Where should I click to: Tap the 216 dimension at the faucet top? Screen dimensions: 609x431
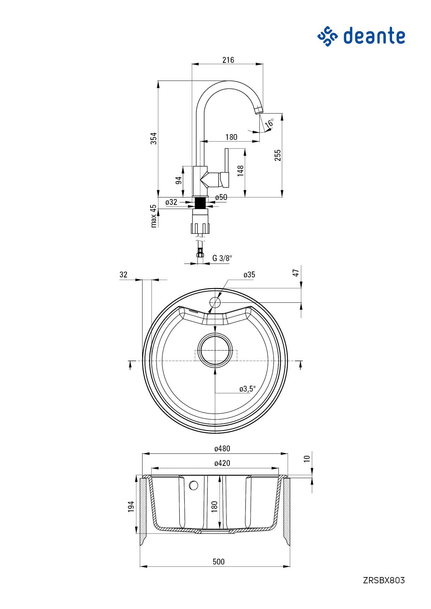228,60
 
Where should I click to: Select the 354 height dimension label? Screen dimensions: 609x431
154,138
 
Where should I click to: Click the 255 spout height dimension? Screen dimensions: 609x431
277,155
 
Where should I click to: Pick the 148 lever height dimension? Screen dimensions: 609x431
241,171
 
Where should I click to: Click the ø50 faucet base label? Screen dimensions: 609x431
221,197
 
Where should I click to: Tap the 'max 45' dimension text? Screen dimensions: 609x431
153,216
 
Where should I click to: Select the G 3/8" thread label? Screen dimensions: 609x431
222,258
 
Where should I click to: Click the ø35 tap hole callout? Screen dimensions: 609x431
249,275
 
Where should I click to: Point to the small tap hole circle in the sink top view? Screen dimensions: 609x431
215,302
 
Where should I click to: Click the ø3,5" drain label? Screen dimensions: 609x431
247,389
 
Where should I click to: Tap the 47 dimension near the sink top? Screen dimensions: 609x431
296,273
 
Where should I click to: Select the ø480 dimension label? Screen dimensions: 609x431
222,449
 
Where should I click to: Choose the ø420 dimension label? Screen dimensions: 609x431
222,463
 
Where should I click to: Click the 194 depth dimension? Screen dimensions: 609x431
131,506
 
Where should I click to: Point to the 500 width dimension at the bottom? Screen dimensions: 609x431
218,562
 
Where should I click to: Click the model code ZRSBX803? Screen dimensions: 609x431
384,580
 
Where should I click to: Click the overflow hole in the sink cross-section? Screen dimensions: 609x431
194,485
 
